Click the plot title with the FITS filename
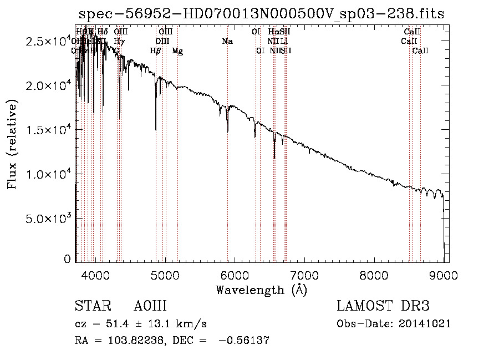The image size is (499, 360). [x=261, y=14]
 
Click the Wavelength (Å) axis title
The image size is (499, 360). [x=261, y=290]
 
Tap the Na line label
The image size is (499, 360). [x=227, y=42]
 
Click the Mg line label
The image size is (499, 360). [x=177, y=51]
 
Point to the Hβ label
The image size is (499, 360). [x=156, y=51]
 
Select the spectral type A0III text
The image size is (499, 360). [x=150, y=307]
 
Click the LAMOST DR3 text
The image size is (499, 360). [x=383, y=307]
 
